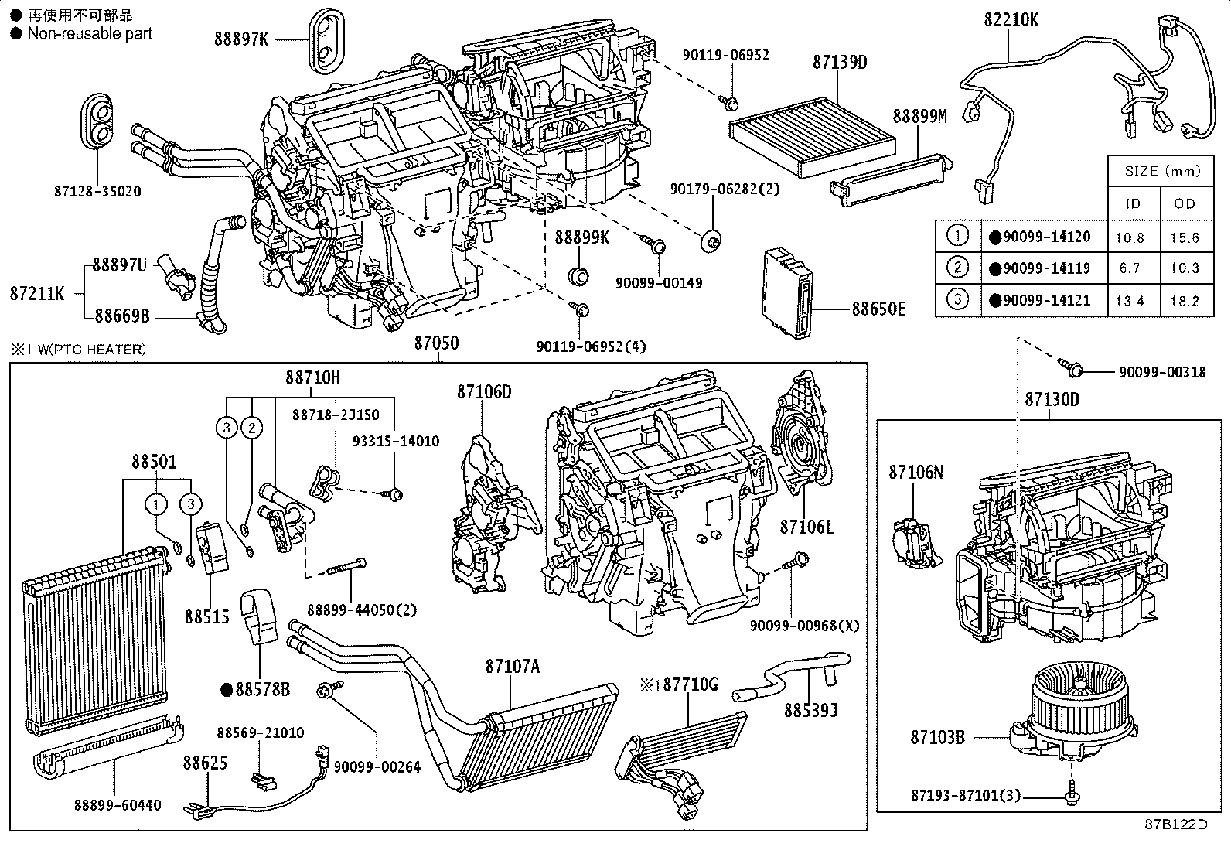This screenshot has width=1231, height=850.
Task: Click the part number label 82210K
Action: [x=1011, y=19]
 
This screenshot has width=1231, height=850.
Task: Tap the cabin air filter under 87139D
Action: [x=812, y=140]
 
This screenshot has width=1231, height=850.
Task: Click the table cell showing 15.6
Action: [x=1184, y=237]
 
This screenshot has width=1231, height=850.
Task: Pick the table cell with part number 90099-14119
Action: [x=1046, y=268]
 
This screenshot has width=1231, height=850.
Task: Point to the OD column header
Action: [x=1184, y=203]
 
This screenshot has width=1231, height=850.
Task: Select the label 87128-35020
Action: [x=97, y=191]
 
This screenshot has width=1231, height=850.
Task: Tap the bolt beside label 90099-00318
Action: [x=1072, y=370]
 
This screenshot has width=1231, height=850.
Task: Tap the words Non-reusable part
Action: [x=90, y=33]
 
